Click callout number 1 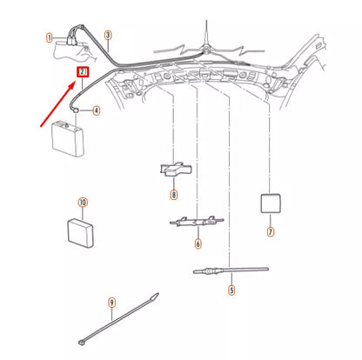[50, 37]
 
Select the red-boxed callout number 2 [83, 73]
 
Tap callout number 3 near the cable [107, 36]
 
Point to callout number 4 [96, 110]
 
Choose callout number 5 [231, 290]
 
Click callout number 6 [198, 244]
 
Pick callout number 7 [270, 232]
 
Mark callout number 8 [174, 194]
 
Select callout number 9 [111, 302]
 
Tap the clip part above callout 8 [174, 170]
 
